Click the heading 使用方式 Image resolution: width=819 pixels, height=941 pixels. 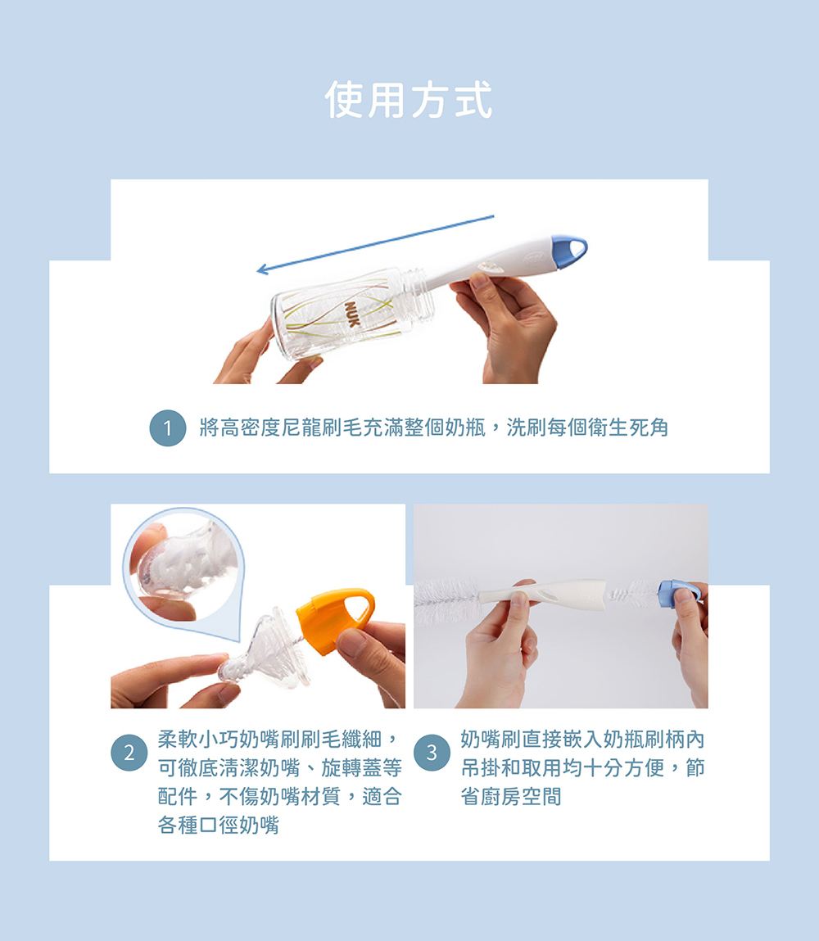(x=409, y=100)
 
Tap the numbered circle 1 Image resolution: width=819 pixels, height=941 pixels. (x=167, y=428)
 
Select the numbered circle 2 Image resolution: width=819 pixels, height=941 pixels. (x=129, y=753)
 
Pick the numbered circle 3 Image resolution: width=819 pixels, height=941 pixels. (x=432, y=753)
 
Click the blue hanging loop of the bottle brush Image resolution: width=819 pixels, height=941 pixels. (x=569, y=251)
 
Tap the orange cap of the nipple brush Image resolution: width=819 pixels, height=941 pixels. (x=335, y=620)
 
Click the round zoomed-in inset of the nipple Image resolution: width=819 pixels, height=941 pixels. (x=183, y=567)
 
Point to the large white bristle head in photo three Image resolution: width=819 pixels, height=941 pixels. (x=447, y=600)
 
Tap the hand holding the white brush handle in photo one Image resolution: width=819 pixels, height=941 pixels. (x=510, y=327)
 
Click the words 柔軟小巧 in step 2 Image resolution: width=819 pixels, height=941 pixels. (x=198, y=740)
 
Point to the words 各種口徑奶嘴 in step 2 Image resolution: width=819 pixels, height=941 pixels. (x=219, y=826)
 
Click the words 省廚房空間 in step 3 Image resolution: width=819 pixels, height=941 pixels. (x=511, y=797)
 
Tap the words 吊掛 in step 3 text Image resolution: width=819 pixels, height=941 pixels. (x=482, y=768)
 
